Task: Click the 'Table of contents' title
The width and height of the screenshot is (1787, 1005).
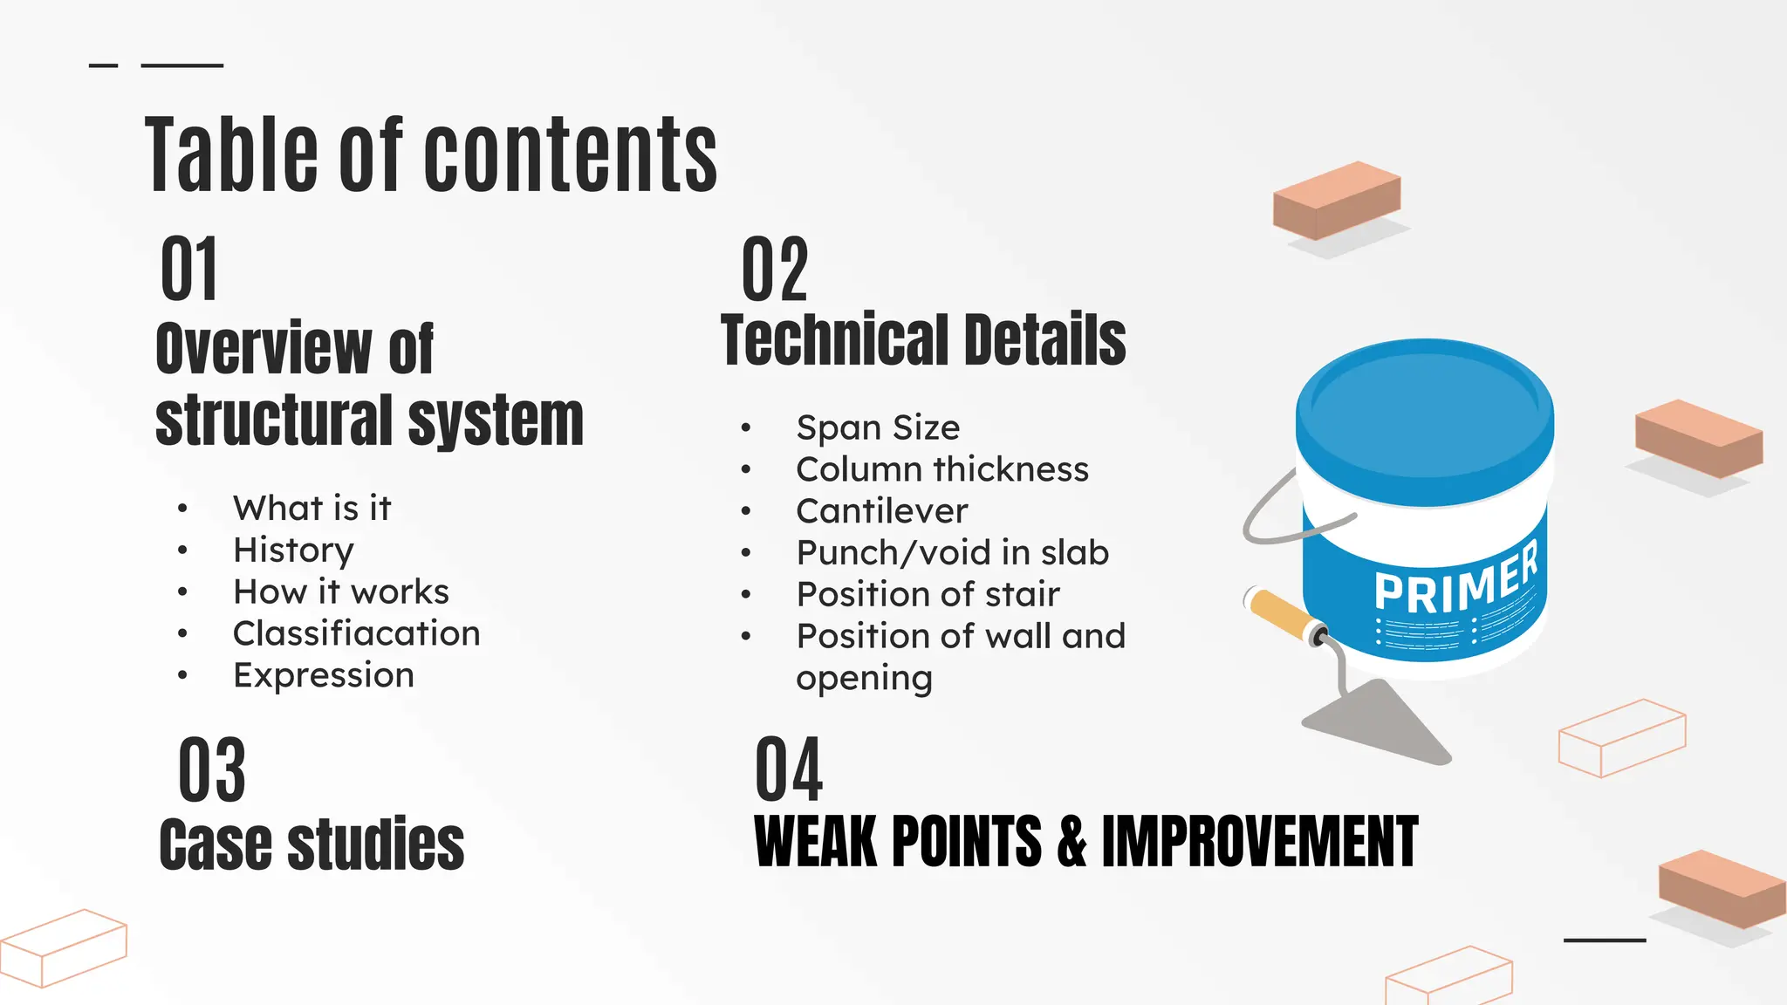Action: [431, 155]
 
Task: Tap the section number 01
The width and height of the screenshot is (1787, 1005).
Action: [188, 270]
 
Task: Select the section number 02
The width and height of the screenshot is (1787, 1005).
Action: [775, 270]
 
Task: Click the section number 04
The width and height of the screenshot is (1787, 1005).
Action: [788, 769]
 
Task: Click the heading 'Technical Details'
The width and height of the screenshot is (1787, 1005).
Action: [923, 340]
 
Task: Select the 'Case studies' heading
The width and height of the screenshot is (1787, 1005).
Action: [312, 844]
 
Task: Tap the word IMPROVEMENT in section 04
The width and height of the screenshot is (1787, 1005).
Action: [1259, 842]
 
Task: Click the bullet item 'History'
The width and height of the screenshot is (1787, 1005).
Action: [293, 550]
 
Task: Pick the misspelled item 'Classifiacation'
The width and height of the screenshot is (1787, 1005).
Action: [356, 633]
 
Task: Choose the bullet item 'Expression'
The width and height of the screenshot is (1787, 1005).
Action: [323, 675]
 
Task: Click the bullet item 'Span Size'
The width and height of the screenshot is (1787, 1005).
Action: [878, 427]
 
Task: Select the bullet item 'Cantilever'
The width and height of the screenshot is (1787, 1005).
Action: [881, 511]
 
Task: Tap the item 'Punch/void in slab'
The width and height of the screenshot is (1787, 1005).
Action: [952, 553]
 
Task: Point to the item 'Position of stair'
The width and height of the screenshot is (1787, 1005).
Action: [928, 595]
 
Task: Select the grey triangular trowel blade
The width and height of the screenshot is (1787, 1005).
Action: [1379, 721]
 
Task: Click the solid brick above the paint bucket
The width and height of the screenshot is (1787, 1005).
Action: [1336, 199]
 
